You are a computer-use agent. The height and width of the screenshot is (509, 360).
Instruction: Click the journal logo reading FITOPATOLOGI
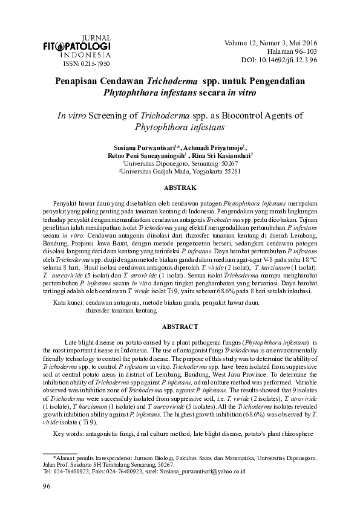(x=85, y=46)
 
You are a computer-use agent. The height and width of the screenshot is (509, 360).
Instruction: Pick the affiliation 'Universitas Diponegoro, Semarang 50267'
(x=180, y=163)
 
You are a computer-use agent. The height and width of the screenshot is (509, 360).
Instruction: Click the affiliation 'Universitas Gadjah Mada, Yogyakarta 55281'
(x=180, y=171)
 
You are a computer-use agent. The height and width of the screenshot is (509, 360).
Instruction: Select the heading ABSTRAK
(x=180, y=189)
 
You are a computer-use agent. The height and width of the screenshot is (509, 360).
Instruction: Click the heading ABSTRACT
(x=180, y=326)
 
